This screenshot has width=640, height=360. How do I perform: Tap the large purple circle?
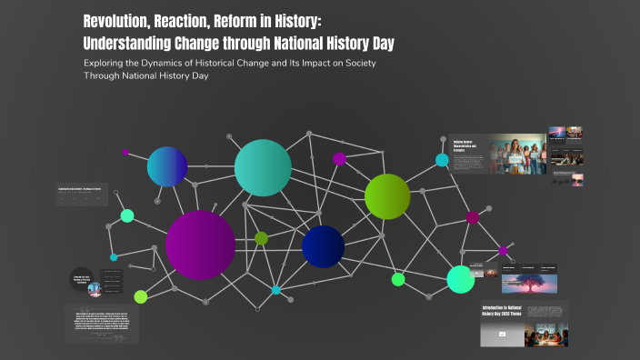tap(200, 245)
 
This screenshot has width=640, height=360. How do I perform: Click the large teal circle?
tap(263, 167)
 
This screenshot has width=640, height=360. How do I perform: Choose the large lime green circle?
tap(387, 196)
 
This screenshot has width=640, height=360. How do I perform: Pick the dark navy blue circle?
tap(323, 246)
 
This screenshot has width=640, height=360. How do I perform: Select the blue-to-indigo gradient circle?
tap(167, 166)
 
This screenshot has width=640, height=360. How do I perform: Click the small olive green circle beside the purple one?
tap(262, 238)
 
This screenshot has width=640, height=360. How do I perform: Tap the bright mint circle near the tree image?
tap(461, 279)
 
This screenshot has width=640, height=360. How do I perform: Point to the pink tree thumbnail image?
tap(523, 284)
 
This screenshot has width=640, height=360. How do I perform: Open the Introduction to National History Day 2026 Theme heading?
tap(501, 314)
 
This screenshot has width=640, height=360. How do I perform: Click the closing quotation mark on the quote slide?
tap(117, 337)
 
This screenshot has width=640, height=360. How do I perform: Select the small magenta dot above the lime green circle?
tap(339, 158)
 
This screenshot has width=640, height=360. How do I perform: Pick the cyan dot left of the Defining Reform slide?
tap(442, 160)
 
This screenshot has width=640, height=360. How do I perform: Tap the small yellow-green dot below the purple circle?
tap(141, 296)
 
